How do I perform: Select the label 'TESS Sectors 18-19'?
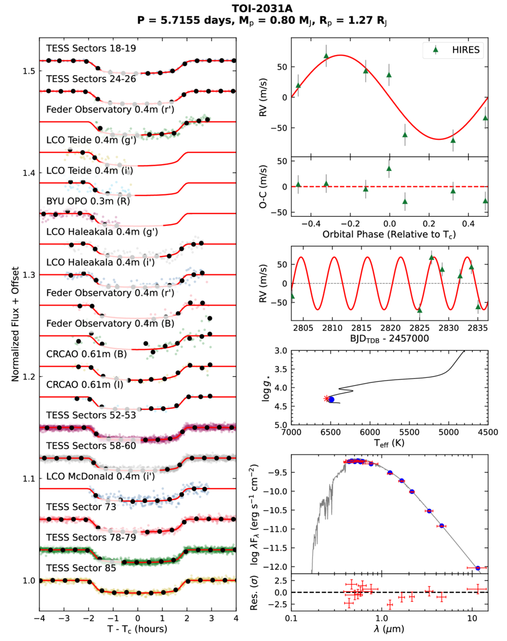[x=90, y=48]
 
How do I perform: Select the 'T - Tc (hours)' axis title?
[x=137, y=629]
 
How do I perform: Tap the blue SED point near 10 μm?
[x=478, y=568]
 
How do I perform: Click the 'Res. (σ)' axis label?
[x=267, y=592]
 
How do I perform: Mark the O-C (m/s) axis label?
[x=267, y=186]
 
